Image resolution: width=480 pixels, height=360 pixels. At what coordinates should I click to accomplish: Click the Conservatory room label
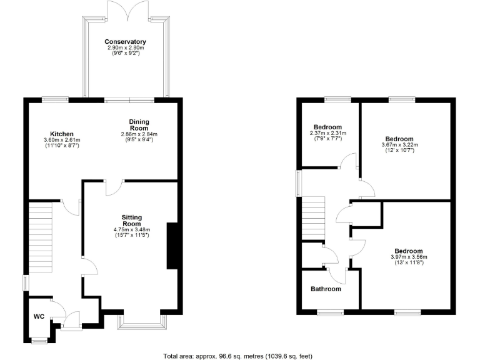tap(126, 42)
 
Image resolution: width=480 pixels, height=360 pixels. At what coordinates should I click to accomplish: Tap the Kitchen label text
tap(62, 134)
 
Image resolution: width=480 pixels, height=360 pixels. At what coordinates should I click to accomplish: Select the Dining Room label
tap(139, 124)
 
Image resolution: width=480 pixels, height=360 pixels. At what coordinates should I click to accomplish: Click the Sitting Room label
tap(131, 220)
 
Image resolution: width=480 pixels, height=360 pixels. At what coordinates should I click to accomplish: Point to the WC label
tap(39, 316)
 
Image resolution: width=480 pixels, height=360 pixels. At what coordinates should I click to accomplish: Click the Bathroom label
tap(326, 289)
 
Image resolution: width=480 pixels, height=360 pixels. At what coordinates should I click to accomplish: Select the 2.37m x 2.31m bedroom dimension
tap(328, 132)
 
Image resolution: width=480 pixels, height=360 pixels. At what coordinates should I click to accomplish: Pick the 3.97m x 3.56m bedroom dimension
tap(409, 257)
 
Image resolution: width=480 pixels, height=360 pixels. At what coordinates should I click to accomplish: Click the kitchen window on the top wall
tap(55, 99)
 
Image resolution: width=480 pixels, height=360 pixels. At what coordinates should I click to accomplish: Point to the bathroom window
tap(329, 311)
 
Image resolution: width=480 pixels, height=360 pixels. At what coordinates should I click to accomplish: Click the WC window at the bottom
tap(39, 340)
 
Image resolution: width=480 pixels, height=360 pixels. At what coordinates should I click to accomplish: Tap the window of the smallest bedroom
tap(337, 99)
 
